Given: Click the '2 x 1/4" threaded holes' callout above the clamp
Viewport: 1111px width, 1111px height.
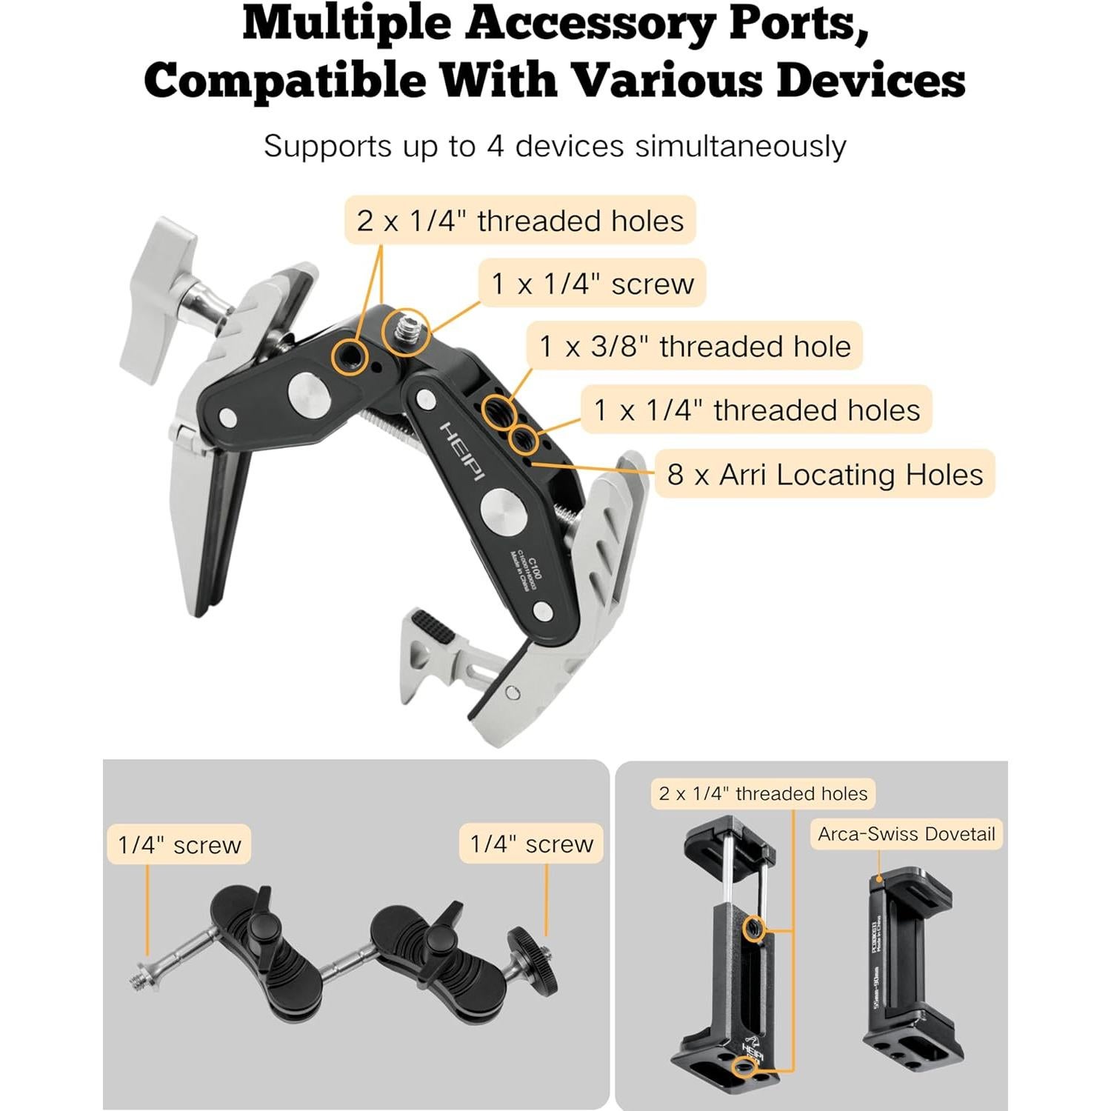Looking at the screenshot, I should pyautogui.click(x=520, y=221).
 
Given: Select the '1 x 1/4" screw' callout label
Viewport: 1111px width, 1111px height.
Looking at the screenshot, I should pyautogui.click(x=593, y=284).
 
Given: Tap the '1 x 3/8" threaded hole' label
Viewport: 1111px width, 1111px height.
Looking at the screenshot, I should pyautogui.click(x=695, y=347).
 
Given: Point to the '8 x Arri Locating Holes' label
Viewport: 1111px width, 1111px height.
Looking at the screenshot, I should pyautogui.click(x=824, y=474).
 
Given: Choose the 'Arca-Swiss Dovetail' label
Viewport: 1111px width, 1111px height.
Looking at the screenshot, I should pyautogui.click(x=906, y=834).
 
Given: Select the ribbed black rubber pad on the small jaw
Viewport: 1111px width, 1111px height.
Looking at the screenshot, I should pyautogui.click(x=432, y=628).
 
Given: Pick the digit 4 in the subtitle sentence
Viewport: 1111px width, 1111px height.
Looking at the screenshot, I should pyautogui.click(x=495, y=146).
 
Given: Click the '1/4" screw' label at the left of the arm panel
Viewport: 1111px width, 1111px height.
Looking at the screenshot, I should pyautogui.click(x=179, y=844).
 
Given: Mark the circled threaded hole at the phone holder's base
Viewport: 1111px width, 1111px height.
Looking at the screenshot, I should pyautogui.click(x=743, y=1067).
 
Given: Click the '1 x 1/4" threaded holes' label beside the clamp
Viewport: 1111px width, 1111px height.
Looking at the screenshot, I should pyautogui.click(x=756, y=410).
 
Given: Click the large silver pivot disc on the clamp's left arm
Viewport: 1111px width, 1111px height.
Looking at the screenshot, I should pyautogui.click(x=304, y=390).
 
